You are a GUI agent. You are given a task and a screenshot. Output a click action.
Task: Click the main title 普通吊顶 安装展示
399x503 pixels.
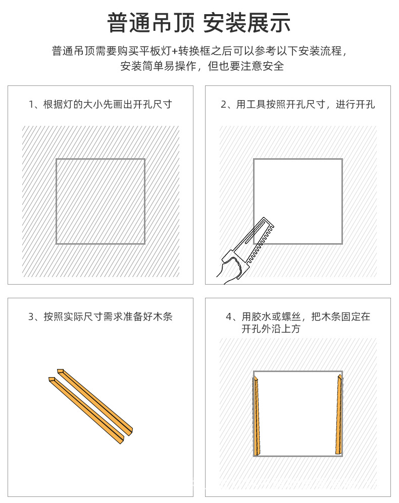coord(199,23)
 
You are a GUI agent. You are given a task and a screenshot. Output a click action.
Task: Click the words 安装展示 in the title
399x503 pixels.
coord(247,23)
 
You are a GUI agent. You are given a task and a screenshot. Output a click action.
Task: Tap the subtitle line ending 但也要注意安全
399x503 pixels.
coord(202,66)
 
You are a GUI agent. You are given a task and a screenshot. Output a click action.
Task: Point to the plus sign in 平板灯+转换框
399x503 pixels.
coord(175,51)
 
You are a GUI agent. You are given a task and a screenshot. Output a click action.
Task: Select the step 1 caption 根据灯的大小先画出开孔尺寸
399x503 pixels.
coord(101,105)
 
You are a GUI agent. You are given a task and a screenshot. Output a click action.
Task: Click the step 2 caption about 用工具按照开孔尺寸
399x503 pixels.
coord(297,105)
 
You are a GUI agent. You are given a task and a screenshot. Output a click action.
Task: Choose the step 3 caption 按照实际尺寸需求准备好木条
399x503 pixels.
coord(101,317)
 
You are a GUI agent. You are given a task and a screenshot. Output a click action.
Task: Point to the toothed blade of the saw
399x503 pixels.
coord(260,243)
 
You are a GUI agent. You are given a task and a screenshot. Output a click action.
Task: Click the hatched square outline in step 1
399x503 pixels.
coord(101,201)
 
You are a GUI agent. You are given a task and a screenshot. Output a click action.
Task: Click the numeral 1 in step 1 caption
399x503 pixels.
coord(31,105)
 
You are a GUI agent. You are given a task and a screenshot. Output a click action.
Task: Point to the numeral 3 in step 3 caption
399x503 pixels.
coord(31,317)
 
